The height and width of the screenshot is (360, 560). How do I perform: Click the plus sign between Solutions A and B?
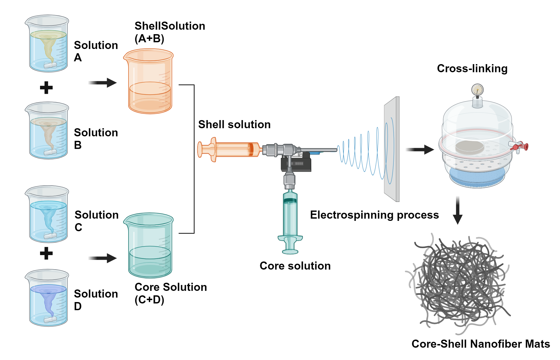[x=46, y=88]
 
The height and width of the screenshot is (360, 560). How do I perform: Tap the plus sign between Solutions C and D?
[x=46, y=253]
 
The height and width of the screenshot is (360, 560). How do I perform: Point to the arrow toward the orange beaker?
[x=102, y=83]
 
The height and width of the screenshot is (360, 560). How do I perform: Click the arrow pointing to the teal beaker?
[x=102, y=258]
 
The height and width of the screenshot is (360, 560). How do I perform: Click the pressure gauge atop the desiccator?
[x=477, y=90]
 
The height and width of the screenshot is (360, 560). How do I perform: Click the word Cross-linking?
[x=472, y=69]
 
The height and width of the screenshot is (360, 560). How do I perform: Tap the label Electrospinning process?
[x=374, y=215]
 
